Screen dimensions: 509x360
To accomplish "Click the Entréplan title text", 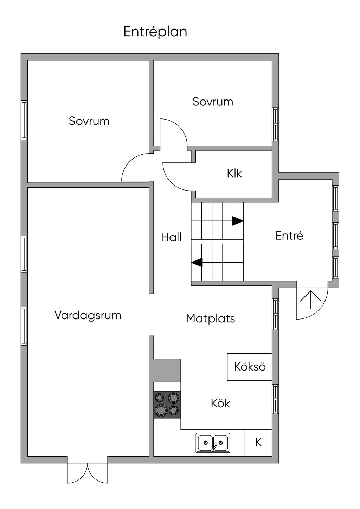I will pyautogui.click(x=155, y=32).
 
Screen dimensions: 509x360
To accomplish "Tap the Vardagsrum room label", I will pyautogui.click(x=88, y=315).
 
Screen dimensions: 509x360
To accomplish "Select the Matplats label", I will pyautogui.click(x=210, y=318).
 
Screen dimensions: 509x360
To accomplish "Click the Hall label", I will pyautogui.click(x=171, y=237).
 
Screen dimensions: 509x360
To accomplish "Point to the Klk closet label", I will pyautogui.click(x=234, y=173).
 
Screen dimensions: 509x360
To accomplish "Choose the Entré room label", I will pyautogui.click(x=289, y=236).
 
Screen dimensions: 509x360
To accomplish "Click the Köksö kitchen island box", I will pyautogui.click(x=250, y=367).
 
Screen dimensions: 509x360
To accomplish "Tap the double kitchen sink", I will pyautogui.click(x=213, y=443).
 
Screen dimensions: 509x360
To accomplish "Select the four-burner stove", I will pyautogui.click(x=167, y=404).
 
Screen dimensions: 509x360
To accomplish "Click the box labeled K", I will pyautogui.click(x=258, y=442).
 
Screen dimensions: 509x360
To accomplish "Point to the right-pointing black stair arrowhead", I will pyautogui.click(x=238, y=221).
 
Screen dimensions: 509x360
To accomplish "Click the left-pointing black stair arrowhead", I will pyautogui.click(x=197, y=262).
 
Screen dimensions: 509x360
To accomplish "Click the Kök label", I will pyautogui.click(x=220, y=403).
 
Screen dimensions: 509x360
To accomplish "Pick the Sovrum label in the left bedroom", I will pyautogui.click(x=89, y=121).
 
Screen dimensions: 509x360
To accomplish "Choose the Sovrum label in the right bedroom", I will pyautogui.click(x=213, y=102).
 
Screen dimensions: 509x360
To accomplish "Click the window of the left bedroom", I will pyautogui.click(x=24, y=120).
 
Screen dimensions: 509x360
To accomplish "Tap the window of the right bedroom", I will pyautogui.click(x=275, y=124).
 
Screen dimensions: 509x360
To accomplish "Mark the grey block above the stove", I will pyautogui.click(x=167, y=370).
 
